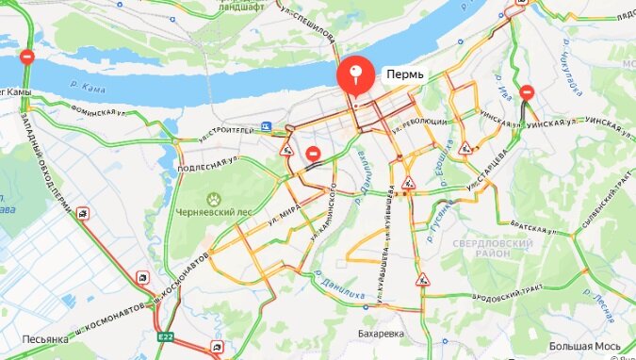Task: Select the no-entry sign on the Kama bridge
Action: coord(28,58)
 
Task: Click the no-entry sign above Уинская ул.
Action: coord(528,93)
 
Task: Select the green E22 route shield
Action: coord(165,337)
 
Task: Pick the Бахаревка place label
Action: coord(381,334)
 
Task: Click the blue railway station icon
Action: coord(268,126)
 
